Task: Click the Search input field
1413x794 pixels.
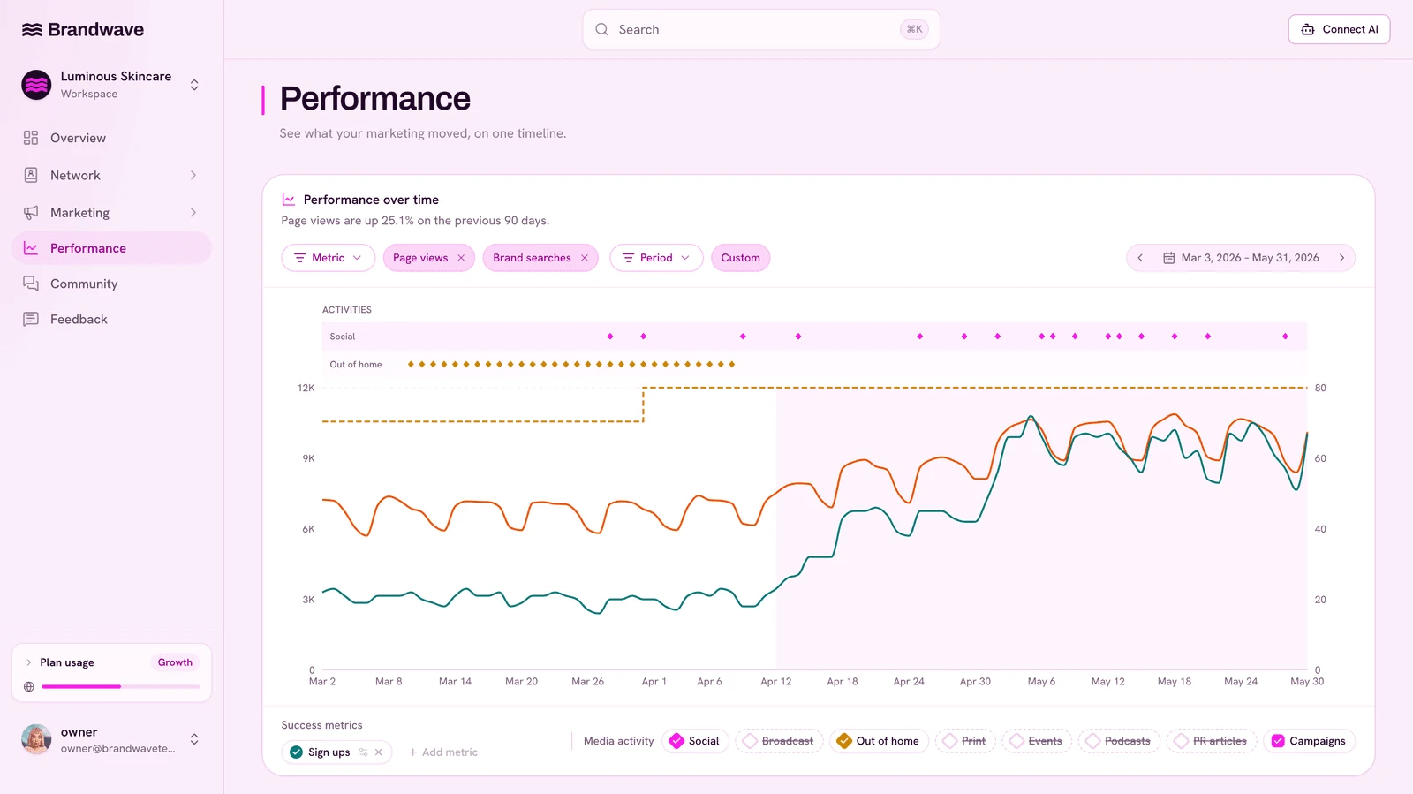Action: point(760,30)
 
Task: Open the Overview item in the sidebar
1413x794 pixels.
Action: point(78,138)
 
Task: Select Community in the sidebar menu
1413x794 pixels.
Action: point(84,284)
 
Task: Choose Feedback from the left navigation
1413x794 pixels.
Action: point(79,319)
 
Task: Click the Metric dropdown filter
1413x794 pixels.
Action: point(328,258)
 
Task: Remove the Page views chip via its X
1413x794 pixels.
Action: point(461,258)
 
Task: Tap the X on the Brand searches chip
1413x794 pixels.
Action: point(584,258)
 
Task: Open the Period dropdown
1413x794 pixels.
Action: point(656,258)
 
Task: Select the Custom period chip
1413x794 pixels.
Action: point(741,258)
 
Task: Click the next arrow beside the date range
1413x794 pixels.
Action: point(1341,258)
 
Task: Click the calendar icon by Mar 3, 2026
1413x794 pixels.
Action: point(1169,258)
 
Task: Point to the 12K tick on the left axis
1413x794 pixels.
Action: point(306,388)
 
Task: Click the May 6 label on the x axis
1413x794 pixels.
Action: point(1041,681)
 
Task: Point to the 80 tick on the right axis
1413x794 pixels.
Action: point(1320,388)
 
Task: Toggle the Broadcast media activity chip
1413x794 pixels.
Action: point(779,741)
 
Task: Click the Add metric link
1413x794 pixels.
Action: point(442,752)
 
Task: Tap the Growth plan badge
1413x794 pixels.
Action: point(175,662)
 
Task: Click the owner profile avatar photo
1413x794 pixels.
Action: point(36,739)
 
